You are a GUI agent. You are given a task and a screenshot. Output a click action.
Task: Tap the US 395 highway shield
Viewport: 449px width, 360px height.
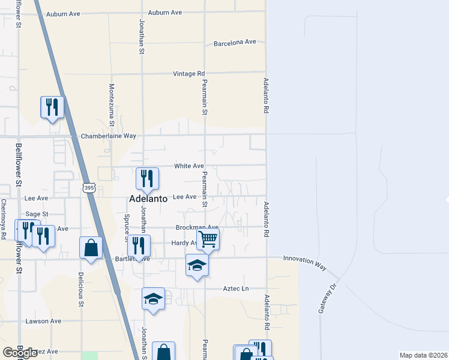[x=89, y=188]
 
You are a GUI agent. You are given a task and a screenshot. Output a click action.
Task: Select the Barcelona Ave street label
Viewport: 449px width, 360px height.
[x=235, y=43]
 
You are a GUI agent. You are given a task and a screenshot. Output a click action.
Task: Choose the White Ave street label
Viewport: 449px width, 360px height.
[x=189, y=166]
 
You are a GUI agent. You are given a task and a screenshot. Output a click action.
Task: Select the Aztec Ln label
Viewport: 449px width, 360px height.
[x=236, y=289]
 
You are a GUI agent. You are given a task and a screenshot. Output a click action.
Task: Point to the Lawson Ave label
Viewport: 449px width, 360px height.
[x=43, y=321]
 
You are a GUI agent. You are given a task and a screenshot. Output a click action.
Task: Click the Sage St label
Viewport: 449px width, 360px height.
[x=37, y=214]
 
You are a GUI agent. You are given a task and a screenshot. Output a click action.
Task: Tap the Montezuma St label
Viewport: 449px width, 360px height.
[x=112, y=109]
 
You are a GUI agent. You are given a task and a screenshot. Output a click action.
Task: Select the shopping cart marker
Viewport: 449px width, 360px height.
[x=208, y=239]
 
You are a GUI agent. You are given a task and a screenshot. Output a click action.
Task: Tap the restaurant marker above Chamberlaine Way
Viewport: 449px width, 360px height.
[x=52, y=107]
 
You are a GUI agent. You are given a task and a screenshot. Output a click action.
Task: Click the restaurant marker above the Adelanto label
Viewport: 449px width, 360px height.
[x=146, y=178]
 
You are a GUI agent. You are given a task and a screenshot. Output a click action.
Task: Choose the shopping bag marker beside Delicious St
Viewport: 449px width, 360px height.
[x=91, y=248]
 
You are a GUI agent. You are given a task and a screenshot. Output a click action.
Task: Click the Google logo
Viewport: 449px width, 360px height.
[x=20, y=353]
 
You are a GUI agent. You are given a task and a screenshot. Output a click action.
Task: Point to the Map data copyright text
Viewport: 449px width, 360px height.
[x=423, y=355]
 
